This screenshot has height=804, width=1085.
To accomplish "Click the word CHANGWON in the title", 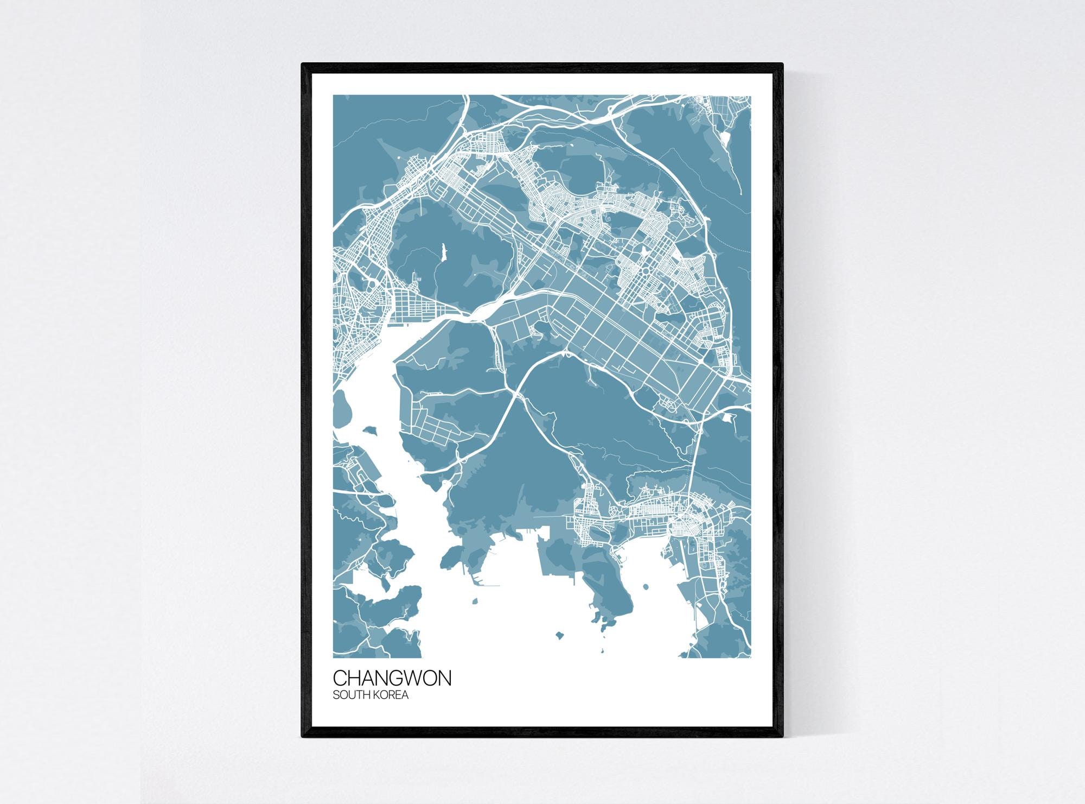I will click(x=392, y=679).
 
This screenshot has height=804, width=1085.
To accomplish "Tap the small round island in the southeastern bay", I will click(x=646, y=586).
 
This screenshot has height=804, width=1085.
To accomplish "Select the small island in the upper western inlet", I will click(x=371, y=430).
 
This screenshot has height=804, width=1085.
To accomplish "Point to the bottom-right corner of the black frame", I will click(x=783, y=737).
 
